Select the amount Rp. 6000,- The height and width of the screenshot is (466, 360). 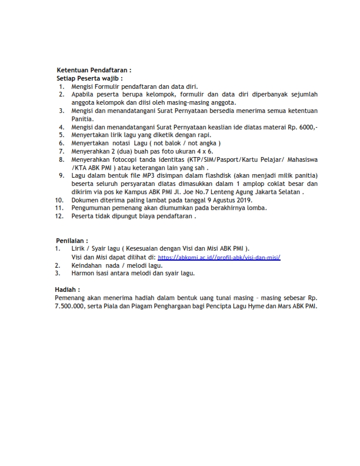(304, 127)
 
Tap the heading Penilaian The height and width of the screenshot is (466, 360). (72, 241)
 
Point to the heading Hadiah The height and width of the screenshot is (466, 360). (67, 289)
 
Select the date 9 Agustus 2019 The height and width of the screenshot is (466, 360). (227, 201)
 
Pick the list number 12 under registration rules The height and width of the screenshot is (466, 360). (59, 216)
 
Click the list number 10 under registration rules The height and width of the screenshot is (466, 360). (59, 201)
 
